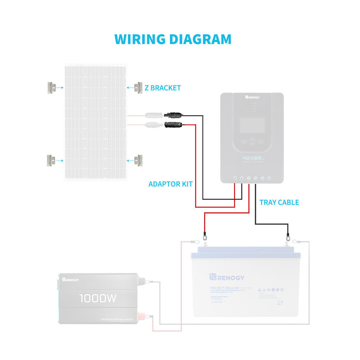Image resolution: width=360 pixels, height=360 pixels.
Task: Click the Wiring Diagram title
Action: click(173, 39)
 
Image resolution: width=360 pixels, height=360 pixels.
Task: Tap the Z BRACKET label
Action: click(163, 88)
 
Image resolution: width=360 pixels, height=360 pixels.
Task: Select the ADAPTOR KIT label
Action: click(170, 184)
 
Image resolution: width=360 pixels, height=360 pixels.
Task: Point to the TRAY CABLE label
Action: click(279, 202)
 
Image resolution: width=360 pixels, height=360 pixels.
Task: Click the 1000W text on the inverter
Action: click(98, 298)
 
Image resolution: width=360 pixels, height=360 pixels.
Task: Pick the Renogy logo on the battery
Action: click(226, 278)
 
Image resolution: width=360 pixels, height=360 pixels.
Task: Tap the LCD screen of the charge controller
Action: click(252, 124)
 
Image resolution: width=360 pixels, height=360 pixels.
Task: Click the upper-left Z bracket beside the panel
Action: click(51, 87)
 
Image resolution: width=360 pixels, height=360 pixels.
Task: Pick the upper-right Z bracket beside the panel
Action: click(138, 87)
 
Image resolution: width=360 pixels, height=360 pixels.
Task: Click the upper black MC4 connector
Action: click(173, 116)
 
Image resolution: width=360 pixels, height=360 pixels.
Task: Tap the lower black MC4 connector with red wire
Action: click(173, 125)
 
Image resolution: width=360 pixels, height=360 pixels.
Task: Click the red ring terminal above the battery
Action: click(205, 237)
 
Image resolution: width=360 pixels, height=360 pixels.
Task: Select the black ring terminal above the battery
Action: click(288, 237)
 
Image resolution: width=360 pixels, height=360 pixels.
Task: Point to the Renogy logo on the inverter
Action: click(71, 279)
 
